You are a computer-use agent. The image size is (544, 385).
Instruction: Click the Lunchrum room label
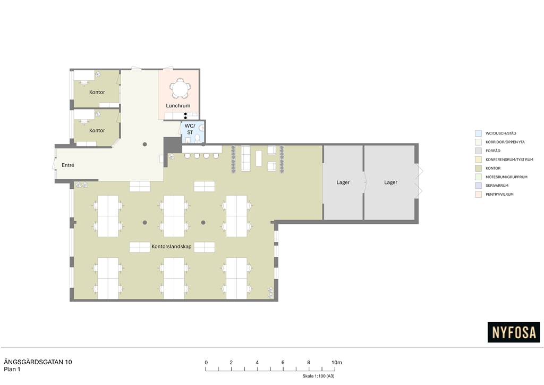click(x=178, y=105)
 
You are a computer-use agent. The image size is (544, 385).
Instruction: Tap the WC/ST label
click(x=190, y=129)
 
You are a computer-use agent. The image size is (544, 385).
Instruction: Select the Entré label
click(x=68, y=165)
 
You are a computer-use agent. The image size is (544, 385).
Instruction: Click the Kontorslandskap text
click(x=172, y=247)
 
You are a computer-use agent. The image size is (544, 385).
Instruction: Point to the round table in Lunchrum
click(x=180, y=88)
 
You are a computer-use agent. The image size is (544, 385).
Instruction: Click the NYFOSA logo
click(x=514, y=332)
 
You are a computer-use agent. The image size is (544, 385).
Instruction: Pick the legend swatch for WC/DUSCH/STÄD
click(x=479, y=133)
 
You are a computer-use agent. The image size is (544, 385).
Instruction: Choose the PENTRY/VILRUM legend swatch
click(x=479, y=195)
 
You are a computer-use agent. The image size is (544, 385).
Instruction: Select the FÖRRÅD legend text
click(x=493, y=150)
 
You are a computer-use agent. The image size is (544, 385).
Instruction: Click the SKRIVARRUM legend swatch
click(x=479, y=186)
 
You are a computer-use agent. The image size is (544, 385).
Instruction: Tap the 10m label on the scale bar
click(x=336, y=363)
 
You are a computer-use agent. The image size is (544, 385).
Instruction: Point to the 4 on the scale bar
click(x=257, y=363)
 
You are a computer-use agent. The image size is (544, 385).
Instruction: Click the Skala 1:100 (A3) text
click(x=319, y=376)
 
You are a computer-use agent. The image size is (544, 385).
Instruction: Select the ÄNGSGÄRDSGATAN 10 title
click(x=38, y=362)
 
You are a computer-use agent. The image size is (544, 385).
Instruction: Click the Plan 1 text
click(x=12, y=370)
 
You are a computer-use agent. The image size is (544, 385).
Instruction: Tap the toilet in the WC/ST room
click(x=198, y=139)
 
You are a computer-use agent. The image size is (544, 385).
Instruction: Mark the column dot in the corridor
click(x=144, y=145)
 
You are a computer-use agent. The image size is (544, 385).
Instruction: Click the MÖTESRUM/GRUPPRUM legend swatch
click(x=479, y=177)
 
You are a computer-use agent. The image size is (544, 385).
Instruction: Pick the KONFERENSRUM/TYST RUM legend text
click(x=509, y=160)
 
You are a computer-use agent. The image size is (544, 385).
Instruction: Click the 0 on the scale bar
click(x=206, y=363)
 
